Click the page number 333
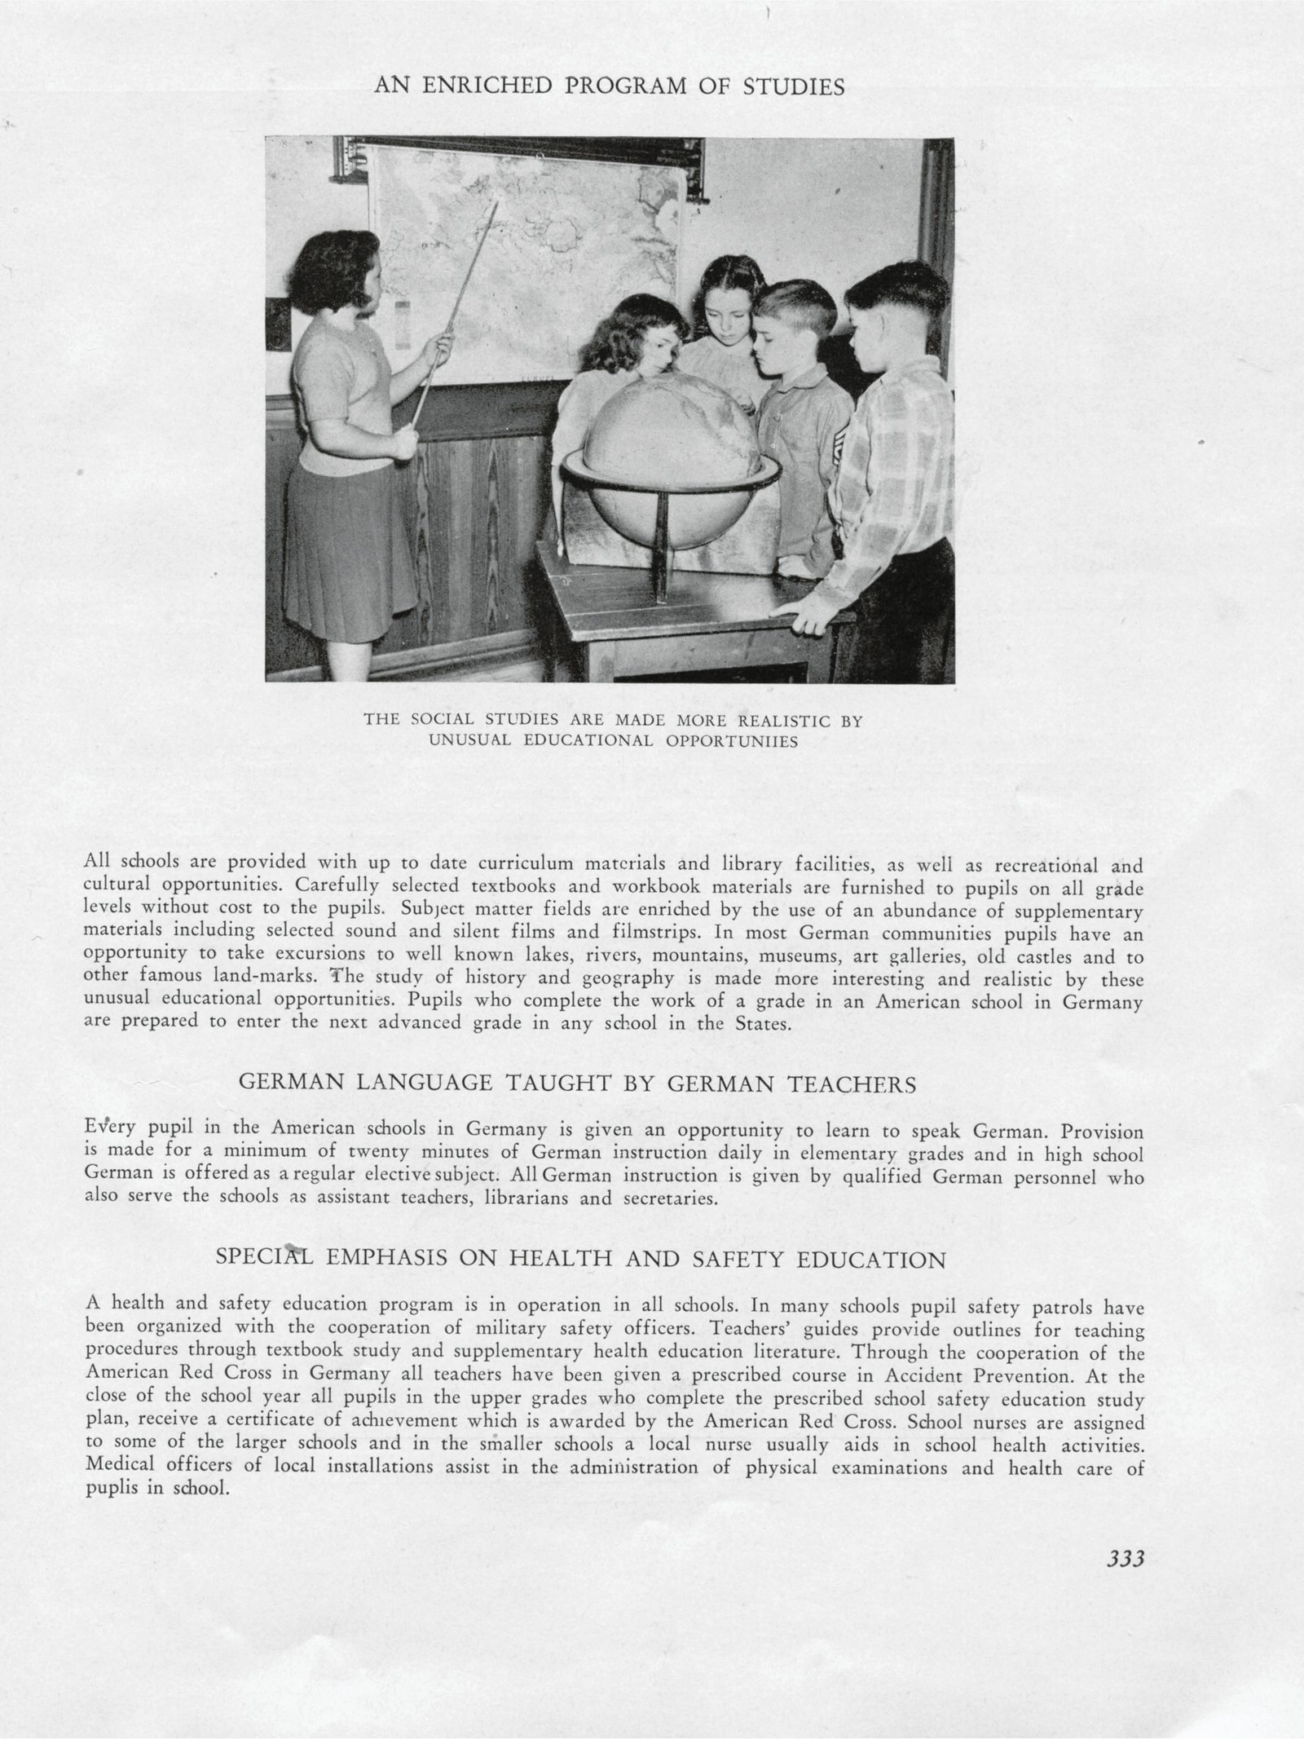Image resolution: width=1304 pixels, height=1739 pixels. click(1126, 1582)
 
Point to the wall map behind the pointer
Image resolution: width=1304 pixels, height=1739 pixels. click(530, 245)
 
